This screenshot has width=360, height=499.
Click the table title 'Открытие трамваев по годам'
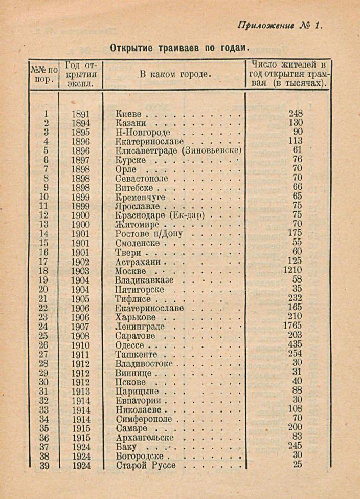(x=179, y=48)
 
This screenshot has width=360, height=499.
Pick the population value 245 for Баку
(x=295, y=446)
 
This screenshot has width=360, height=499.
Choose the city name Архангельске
(x=145, y=438)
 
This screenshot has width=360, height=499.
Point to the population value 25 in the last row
(x=298, y=464)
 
